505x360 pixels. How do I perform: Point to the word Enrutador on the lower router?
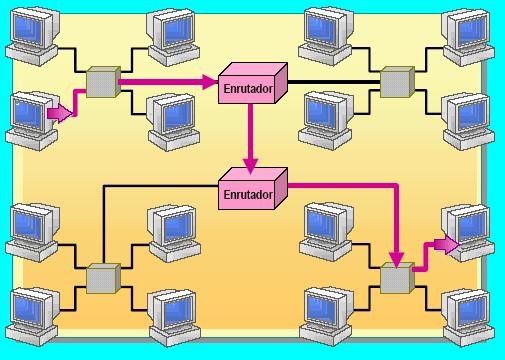(248, 194)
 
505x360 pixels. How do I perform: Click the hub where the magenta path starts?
(102, 82)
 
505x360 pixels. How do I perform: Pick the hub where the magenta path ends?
(396, 278)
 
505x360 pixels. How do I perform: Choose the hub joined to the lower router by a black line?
(102, 278)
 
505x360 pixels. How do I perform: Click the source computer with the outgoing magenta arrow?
(30, 115)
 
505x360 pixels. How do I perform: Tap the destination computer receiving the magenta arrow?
(467, 233)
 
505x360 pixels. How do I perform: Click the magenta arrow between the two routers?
(251, 140)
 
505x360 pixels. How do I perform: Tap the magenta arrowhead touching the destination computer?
(448, 243)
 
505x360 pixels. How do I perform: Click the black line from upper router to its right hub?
(335, 81)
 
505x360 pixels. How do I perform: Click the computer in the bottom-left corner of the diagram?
(30, 312)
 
